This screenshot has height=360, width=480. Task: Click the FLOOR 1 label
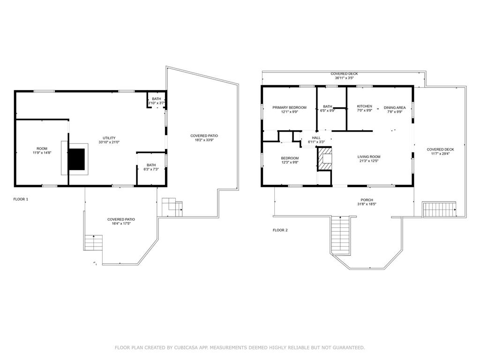pyautogui.click(x=21, y=199)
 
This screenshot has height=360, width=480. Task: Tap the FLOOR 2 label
pyautogui.click(x=280, y=230)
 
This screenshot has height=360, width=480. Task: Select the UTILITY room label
pyautogui.click(x=109, y=138)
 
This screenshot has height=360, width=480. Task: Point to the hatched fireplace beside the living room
pyautogui.click(x=325, y=158)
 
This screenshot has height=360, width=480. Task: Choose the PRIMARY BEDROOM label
pyautogui.click(x=289, y=107)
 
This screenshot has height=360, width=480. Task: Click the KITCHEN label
pyautogui.click(x=364, y=106)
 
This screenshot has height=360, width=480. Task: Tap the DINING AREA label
pyautogui.click(x=395, y=107)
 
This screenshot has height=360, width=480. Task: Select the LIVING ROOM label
pyautogui.click(x=369, y=157)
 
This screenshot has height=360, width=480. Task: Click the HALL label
pyautogui.click(x=316, y=138)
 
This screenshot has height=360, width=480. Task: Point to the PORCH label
pyautogui.click(x=367, y=200)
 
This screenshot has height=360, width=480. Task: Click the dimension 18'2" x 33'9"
pyautogui.click(x=204, y=140)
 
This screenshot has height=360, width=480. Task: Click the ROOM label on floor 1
pyautogui.click(x=42, y=149)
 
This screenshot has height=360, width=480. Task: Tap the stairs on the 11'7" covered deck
pyautogui.click(x=439, y=210)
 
